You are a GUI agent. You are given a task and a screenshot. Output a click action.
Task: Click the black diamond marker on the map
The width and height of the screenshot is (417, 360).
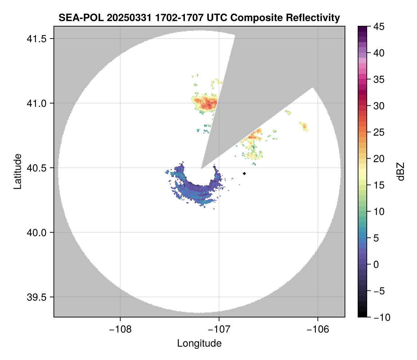(244, 173)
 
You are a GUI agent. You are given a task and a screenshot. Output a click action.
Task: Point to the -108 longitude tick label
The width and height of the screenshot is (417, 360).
(120, 329)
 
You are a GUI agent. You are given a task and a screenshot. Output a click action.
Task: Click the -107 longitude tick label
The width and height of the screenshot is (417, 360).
(219, 329)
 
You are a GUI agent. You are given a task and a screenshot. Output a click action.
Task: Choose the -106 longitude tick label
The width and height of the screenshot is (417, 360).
(318, 329)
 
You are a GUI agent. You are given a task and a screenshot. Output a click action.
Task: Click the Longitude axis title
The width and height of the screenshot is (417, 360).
(199, 343)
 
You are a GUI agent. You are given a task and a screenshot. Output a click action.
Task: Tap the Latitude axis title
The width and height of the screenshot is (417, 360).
(17, 171)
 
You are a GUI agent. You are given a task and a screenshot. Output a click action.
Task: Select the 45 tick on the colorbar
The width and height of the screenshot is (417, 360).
(378, 27)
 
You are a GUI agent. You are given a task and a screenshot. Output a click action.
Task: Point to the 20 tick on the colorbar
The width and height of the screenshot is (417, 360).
(378, 159)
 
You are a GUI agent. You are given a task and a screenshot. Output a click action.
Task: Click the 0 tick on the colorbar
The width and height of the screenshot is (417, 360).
(376, 264)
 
